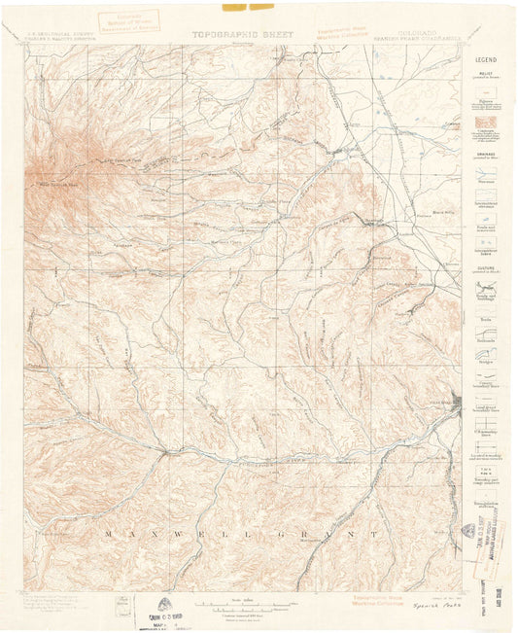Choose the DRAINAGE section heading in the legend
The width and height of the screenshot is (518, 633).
[485, 151]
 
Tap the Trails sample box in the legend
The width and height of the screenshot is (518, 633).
[485, 318]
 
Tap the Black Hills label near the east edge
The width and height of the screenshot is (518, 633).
[442, 213]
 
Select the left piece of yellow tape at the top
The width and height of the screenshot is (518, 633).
[234, 7]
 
